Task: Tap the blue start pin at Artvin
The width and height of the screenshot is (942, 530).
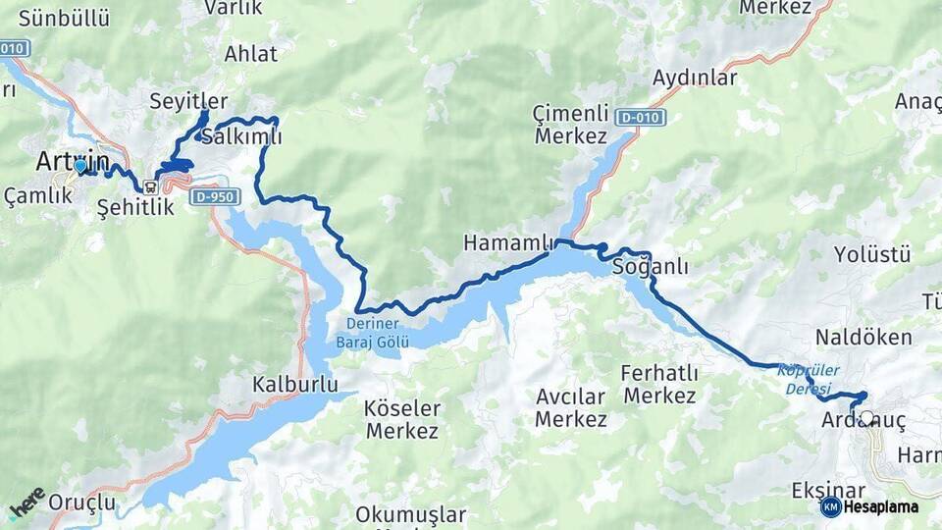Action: point(80,167)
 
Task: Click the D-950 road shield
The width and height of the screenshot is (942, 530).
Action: point(216,197)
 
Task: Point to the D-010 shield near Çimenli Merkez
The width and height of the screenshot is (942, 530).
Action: point(642,118)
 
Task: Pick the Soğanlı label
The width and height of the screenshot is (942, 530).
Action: point(650,266)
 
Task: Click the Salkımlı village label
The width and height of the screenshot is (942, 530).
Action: point(241,136)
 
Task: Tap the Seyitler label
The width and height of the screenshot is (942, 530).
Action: point(188,101)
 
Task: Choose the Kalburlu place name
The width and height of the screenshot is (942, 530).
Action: point(294,383)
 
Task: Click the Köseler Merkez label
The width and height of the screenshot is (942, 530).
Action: point(402,419)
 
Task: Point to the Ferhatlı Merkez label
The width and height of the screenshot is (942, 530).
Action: point(659,385)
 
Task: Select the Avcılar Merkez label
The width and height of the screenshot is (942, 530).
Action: point(571,408)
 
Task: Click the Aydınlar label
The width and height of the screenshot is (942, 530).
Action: point(695,78)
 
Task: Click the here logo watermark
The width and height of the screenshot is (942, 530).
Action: point(26,503)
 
